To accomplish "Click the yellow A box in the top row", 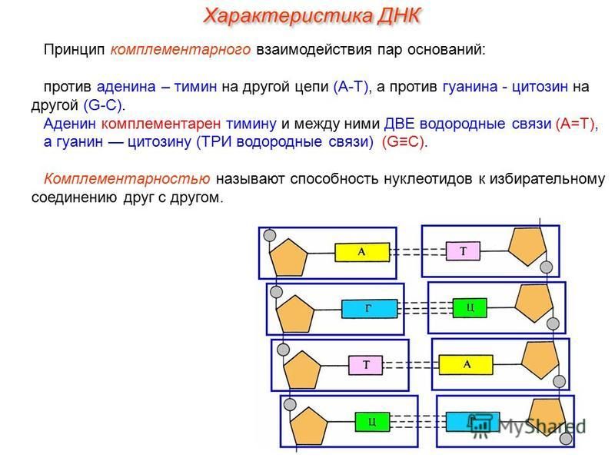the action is tap(362, 252).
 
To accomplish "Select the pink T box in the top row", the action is tap(463, 251).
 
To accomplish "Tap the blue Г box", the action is tap(369, 309).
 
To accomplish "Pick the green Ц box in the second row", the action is tap(470, 308).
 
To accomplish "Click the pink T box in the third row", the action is tap(366, 366).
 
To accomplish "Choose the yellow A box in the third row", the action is tap(466, 364).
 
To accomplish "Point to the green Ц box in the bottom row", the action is tap(372, 422).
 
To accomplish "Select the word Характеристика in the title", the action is tap(288, 16).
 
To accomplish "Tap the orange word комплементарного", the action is tap(181, 50).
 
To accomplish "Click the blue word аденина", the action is tap(126, 87).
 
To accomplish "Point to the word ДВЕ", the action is tap(399, 124).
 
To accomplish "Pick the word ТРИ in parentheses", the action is tap(214, 141).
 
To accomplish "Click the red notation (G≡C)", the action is tap(403, 141).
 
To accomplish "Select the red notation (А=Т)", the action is tap(575, 124).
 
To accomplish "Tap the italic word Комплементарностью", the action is tap(127, 179).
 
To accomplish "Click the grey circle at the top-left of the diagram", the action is tap(270, 235).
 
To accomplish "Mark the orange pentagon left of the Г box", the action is tap(295, 313).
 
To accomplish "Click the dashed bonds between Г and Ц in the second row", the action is tap(425, 308).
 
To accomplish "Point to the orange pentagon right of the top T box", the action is tap(527, 246).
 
